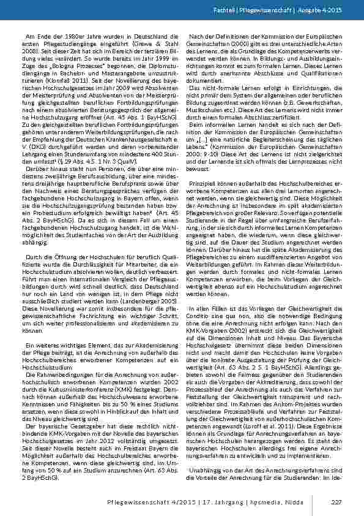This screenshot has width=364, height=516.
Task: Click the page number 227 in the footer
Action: [x=335, y=503]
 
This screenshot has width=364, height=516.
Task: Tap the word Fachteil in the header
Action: [x=240, y=11]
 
